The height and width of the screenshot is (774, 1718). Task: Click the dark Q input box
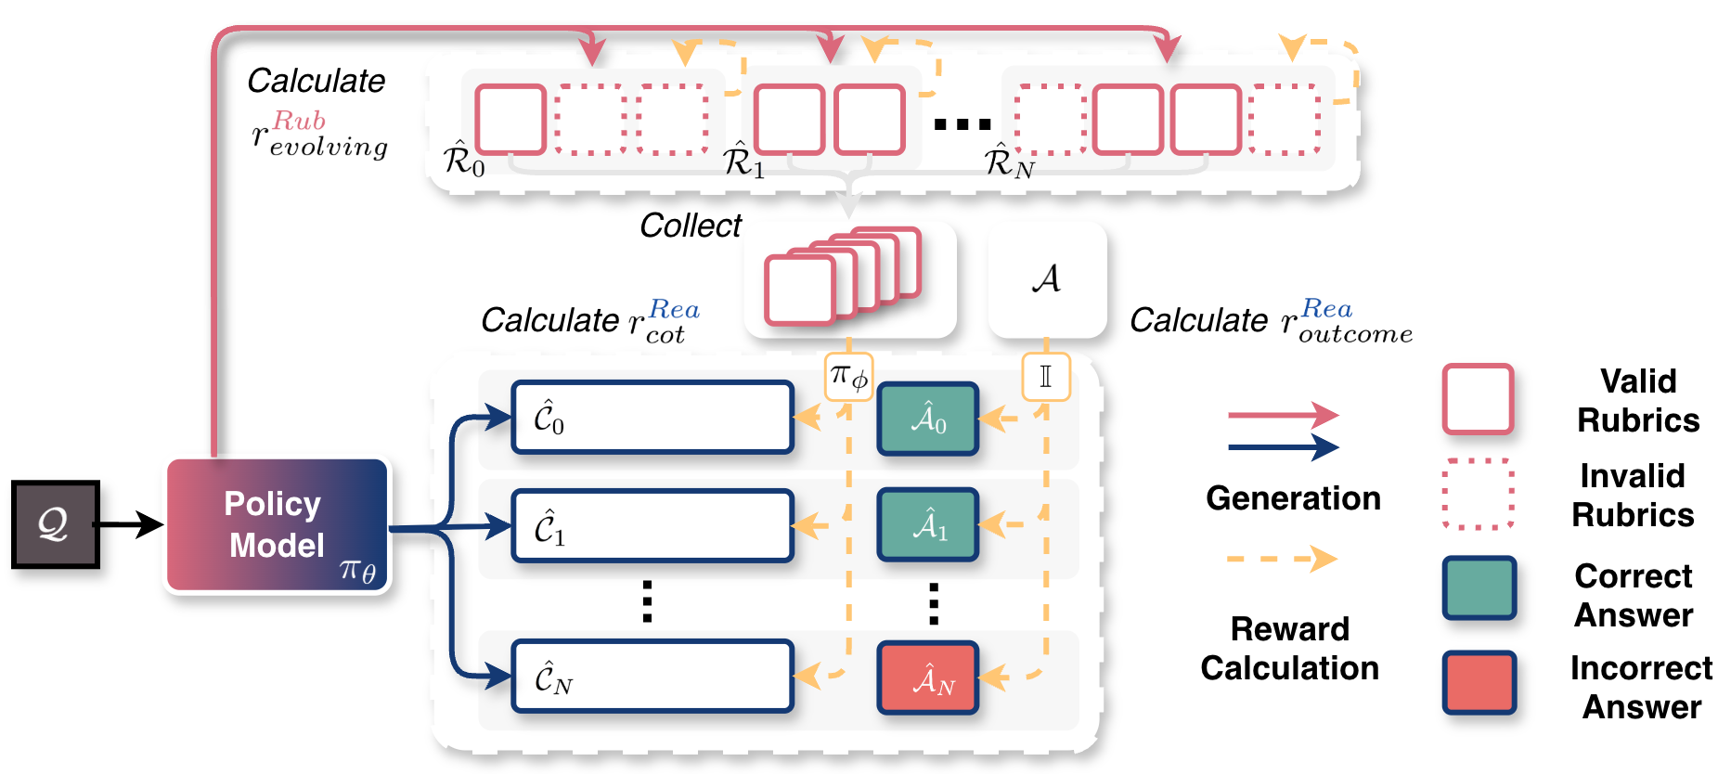pyautogui.click(x=55, y=524)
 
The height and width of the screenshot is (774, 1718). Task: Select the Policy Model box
pyautogui.click(x=278, y=525)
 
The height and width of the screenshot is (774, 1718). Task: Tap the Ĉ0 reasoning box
pyautogui.click(x=652, y=418)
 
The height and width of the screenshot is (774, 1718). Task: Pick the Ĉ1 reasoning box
pyautogui.click(x=652, y=526)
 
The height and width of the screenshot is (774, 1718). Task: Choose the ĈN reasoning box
pyautogui.click(x=652, y=677)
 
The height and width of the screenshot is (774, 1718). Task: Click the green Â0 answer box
pyautogui.click(x=928, y=419)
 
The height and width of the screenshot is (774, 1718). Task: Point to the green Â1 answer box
pyautogui.click(x=928, y=526)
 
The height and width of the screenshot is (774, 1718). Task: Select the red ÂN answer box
pyautogui.click(x=928, y=678)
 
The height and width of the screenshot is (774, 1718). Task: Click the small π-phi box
pyautogui.click(x=848, y=376)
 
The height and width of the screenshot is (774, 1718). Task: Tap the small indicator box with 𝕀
pyautogui.click(x=1046, y=376)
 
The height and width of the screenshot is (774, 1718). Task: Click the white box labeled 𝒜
pyautogui.click(x=1047, y=278)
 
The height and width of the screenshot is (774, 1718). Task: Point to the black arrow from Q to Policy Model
pyautogui.click(x=131, y=524)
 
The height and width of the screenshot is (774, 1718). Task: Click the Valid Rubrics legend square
pyautogui.click(x=1478, y=399)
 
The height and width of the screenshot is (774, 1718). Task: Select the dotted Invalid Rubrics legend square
pyautogui.click(x=1478, y=494)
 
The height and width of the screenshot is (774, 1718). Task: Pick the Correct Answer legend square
pyautogui.click(x=1479, y=587)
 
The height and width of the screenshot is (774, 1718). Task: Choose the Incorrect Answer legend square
pyautogui.click(x=1479, y=683)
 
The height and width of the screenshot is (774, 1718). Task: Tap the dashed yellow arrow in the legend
pyautogui.click(x=1281, y=560)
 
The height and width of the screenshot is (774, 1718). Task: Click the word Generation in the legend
pyautogui.click(x=1293, y=498)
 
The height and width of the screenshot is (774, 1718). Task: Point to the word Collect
pyautogui.click(x=691, y=226)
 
